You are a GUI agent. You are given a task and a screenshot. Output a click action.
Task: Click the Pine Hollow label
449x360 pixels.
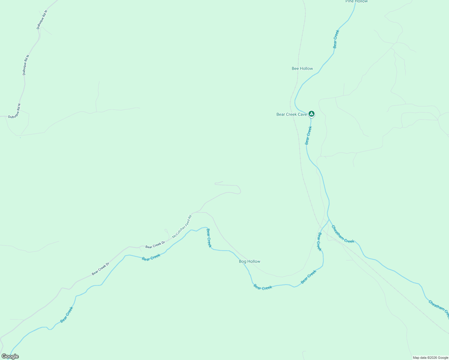pos(357,1)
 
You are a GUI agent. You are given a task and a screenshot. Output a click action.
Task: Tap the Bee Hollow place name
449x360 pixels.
pos(302,68)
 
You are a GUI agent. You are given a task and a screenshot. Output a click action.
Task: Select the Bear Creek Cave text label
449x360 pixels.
pos(291,114)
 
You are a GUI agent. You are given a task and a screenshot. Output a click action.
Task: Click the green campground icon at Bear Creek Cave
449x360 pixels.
pos(312,114)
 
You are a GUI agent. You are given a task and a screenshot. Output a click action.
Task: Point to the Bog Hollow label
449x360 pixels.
pos(249,261)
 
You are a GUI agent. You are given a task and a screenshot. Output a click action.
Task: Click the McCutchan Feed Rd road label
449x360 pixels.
pos(182,226)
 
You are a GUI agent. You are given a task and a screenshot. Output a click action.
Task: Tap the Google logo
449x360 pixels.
pos(10,356)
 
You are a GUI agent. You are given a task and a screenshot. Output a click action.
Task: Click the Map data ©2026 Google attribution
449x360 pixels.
pos(430,358)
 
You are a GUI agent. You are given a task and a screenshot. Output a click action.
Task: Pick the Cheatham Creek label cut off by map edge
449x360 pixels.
pos(438,309)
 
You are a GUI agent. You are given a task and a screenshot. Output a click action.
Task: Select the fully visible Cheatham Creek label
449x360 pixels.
pos(343,234)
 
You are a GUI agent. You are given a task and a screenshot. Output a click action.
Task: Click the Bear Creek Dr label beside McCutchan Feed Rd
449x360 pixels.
pos(155,245)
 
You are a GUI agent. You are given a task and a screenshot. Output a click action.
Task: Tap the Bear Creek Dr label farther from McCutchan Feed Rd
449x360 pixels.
pos(101,269)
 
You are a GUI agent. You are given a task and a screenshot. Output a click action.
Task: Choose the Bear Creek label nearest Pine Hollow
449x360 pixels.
pos(336,39)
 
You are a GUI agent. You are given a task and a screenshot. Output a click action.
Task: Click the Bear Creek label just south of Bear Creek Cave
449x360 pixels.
pos(308,135)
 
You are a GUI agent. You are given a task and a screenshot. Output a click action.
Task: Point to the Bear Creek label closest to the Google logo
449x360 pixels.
pos(67,315)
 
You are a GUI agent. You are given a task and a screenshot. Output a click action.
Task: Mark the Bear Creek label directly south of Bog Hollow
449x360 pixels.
pos(263,287)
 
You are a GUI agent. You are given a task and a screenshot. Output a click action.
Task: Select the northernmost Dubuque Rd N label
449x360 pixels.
pos(42,20)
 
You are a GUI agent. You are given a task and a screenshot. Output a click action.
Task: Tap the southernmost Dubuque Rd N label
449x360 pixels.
pos(14,111)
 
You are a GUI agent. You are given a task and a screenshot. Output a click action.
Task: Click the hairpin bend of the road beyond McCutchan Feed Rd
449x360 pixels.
pos(240,190)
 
